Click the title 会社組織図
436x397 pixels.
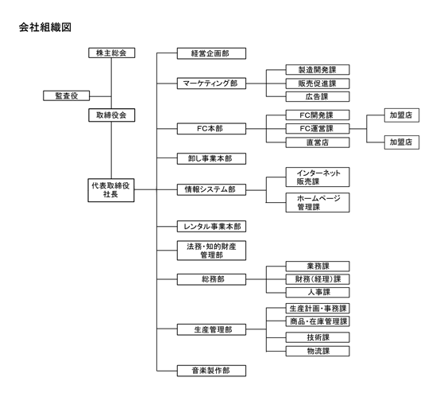45,27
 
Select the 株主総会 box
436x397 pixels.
111,53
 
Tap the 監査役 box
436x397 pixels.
67,95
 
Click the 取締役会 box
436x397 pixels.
111,115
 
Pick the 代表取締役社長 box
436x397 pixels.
111,190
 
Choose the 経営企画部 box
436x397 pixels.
211,53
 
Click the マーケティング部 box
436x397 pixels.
211,84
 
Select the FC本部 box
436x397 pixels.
211,129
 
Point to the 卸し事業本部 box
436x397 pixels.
211,158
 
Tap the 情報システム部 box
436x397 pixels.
211,189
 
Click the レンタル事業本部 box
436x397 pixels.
211,227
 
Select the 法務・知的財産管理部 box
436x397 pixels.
211,251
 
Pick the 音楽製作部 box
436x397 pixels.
211,371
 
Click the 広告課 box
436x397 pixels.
318,97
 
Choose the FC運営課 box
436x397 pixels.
318,129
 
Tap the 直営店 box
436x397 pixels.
318,142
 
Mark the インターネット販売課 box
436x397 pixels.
318,177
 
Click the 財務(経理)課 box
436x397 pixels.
318,279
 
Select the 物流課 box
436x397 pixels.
318,351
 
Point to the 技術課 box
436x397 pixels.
318,337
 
